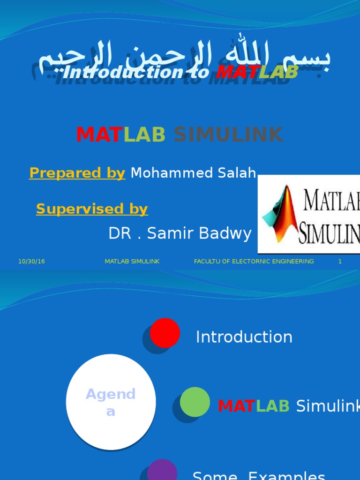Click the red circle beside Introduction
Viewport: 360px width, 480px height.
point(165,333)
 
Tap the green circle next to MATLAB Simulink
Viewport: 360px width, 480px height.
point(195,402)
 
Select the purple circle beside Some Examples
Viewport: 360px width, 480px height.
point(162,471)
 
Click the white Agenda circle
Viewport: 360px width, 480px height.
point(111,402)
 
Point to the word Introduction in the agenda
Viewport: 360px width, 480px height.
point(244,337)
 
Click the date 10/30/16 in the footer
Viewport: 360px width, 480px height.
point(31,262)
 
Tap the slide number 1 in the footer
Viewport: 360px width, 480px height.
point(340,262)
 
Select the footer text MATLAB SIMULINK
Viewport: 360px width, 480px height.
point(132,262)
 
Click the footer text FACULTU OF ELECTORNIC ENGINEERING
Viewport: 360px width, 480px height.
point(254,262)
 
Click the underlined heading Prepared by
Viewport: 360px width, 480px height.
point(77,173)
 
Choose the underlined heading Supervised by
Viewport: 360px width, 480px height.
point(92,209)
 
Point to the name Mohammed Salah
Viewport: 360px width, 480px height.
point(193,173)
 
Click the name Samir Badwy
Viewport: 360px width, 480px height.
point(199,233)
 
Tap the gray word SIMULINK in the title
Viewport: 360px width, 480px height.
point(228,135)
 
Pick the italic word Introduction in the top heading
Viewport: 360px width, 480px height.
point(122,73)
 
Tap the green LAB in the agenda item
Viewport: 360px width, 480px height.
point(273,406)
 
